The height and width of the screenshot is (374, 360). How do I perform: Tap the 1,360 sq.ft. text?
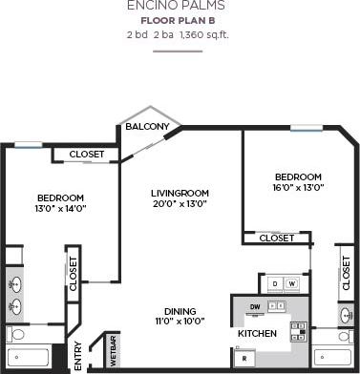(x=205, y=35)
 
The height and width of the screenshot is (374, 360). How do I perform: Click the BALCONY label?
(x=145, y=127)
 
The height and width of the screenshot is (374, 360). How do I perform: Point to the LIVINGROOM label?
(x=180, y=193)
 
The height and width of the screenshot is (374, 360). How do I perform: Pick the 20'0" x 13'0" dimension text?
(x=180, y=204)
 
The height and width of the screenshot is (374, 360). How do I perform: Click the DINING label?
(x=180, y=312)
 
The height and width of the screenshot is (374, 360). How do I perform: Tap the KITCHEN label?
(x=258, y=334)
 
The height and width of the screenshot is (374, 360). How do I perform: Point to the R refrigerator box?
(x=245, y=358)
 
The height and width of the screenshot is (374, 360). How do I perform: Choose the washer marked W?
(x=290, y=283)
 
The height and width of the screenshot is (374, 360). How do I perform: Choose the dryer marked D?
(x=274, y=283)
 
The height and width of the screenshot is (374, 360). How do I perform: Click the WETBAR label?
(x=114, y=349)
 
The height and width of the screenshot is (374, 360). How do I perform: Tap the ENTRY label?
(x=77, y=355)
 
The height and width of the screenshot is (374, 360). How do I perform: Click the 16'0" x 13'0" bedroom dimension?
(x=298, y=188)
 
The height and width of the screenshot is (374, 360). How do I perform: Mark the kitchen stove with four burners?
(x=297, y=331)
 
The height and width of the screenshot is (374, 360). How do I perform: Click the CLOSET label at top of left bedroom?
(x=86, y=154)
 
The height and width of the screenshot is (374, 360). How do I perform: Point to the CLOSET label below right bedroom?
(x=277, y=238)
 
